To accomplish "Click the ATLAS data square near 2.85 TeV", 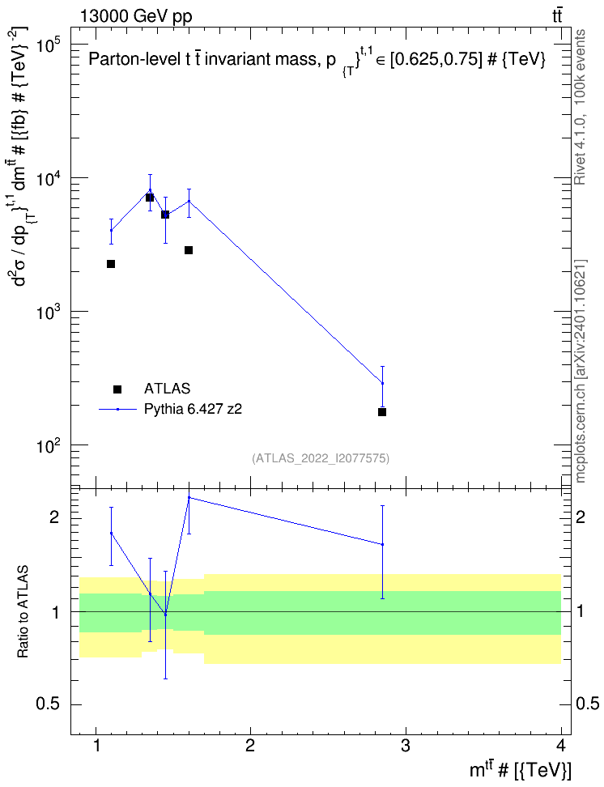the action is pos(382,412).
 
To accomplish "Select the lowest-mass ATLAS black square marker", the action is pos(111,264).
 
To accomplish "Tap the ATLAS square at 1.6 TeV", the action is pos(189,250).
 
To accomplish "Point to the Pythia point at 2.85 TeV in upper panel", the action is pos(383,384).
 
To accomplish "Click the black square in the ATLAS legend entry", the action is pos(117,389).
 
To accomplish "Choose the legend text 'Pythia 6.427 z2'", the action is pos(193,409).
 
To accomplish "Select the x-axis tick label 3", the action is pos(406,745).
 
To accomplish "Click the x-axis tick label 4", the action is pos(561,745).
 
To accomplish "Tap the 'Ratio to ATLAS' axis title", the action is pos(23,612).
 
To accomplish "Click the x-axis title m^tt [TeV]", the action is pos(521,770).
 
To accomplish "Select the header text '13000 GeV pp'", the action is pos(135,16).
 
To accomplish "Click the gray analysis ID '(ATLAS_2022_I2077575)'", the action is pos(321,458).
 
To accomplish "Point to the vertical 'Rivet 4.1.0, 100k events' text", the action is pos(580,108).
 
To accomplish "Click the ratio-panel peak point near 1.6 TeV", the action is pos(189,497).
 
